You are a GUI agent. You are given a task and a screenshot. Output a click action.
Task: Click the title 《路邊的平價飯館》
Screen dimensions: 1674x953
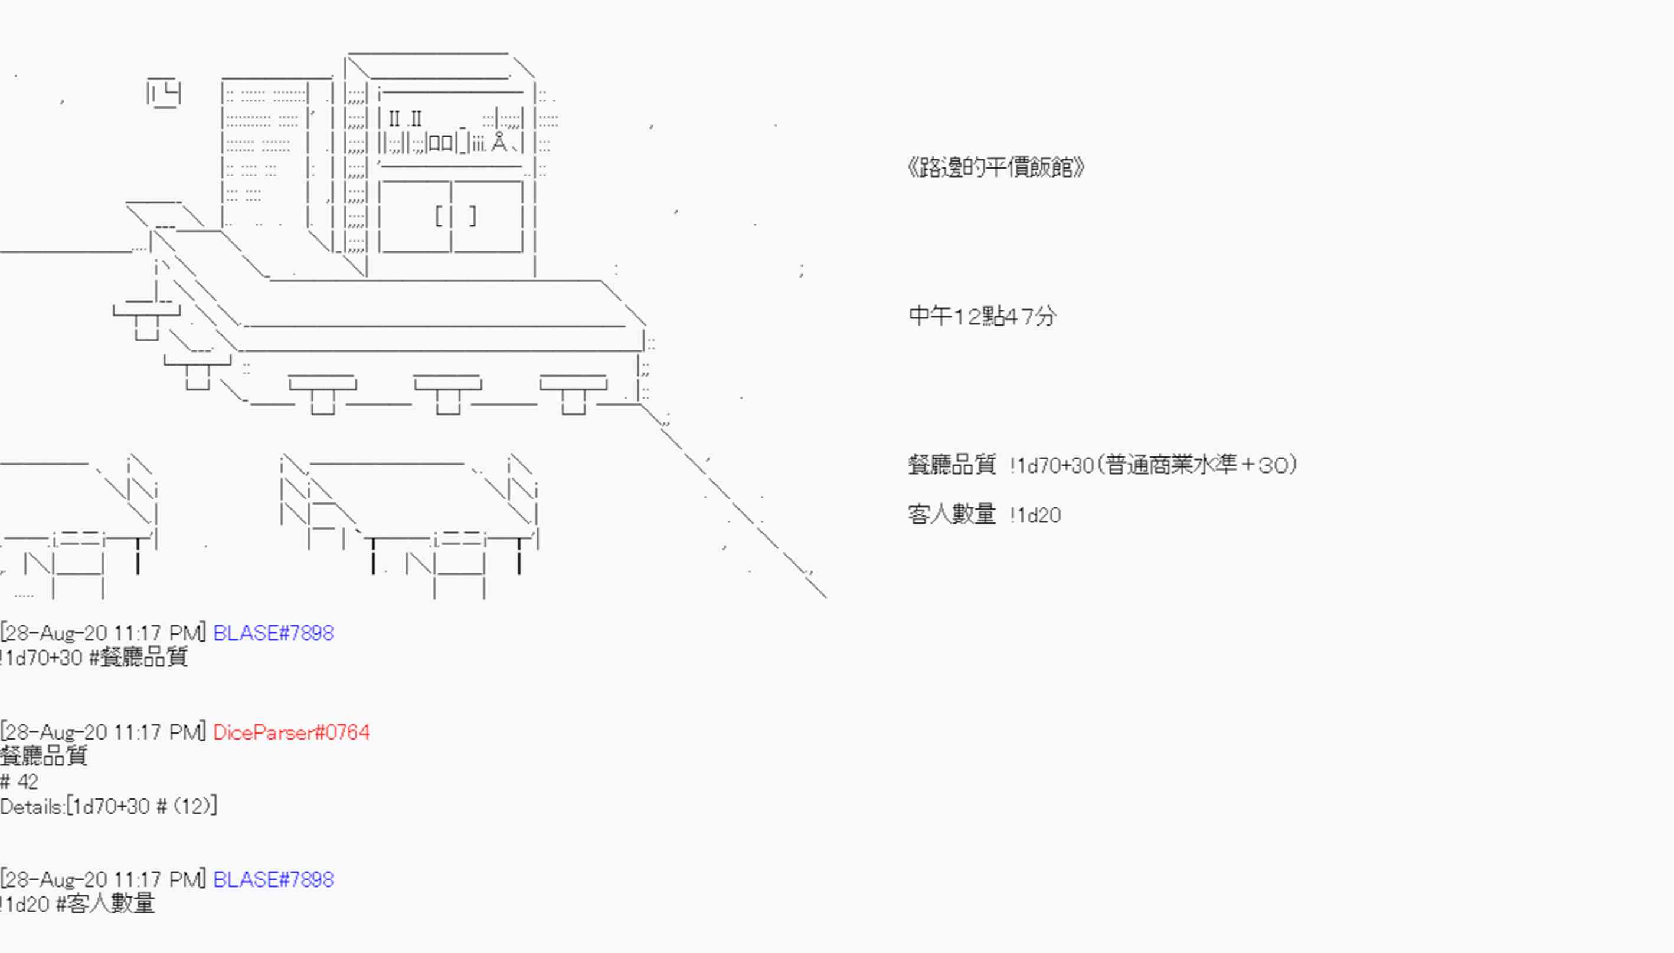point(996,167)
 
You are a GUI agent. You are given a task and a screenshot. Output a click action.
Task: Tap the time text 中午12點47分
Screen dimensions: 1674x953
point(982,317)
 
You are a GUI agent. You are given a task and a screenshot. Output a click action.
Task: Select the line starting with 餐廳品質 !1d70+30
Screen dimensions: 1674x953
point(1102,465)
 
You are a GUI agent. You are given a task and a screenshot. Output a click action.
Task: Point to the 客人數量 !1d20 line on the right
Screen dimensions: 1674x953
point(985,514)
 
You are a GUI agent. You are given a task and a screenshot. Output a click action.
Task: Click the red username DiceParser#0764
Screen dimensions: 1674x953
point(292,732)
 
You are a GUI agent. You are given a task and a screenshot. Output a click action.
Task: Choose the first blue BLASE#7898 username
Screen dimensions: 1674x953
point(273,633)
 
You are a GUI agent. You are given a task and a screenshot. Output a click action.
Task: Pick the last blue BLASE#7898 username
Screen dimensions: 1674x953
point(273,879)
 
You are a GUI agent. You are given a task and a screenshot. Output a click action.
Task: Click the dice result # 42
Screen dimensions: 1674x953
point(19,781)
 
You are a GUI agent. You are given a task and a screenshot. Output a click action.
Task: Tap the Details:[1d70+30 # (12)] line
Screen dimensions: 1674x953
point(109,806)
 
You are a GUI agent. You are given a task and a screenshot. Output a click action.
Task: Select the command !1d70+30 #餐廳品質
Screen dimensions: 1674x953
point(94,657)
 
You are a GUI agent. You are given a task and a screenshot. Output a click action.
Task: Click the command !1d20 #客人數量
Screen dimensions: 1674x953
point(77,904)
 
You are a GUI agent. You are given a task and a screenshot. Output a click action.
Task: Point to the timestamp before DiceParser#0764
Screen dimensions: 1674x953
point(103,732)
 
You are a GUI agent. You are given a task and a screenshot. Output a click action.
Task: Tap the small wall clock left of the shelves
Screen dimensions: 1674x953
point(164,93)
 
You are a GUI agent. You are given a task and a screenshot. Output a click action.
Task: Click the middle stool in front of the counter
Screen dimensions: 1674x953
point(447,395)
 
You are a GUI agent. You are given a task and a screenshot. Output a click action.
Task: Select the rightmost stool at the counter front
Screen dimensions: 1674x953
point(574,395)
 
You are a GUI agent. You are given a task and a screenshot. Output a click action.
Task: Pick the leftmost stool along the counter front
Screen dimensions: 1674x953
point(322,395)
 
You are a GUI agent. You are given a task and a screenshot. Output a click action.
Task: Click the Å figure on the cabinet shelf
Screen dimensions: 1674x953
point(499,142)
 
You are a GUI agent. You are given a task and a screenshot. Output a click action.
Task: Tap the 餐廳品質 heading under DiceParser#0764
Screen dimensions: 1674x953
point(44,757)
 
